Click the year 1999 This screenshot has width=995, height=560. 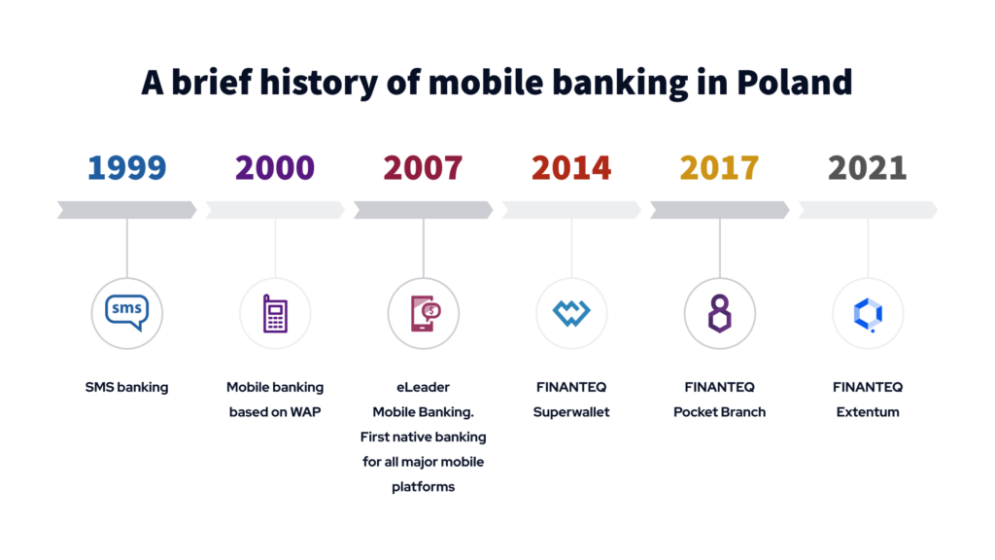pyautogui.click(x=126, y=167)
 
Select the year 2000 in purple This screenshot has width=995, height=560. pyautogui.click(x=275, y=167)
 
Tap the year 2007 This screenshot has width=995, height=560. pyautogui.click(x=423, y=167)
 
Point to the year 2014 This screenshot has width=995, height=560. pyautogui.click(x=571, y=167)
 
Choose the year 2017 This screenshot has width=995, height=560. pyautogui.click(x=720, y=167)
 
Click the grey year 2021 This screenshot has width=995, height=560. pyautogui.click(x=868, y=167)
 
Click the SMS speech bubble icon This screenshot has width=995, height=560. pyautogui.click(x=126, y=312)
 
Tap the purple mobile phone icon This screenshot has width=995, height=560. pyautogui.click(x=275, y=313)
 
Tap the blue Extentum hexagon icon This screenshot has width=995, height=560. pyautogui.click(x=868, y=313)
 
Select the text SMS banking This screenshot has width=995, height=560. pyautogui.click(x=126, y=387)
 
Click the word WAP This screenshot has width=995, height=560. pyautogui.click(x=306, y=411)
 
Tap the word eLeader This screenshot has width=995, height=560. pyautogui.click(x=424, y=387)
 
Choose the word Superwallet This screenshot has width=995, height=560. pyautogui.click(x=571, y=411)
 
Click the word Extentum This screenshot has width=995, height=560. pyautogui.click(x=868, y=411)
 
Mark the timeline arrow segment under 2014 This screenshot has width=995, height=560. pyautogui.click(x=571, y=209)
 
